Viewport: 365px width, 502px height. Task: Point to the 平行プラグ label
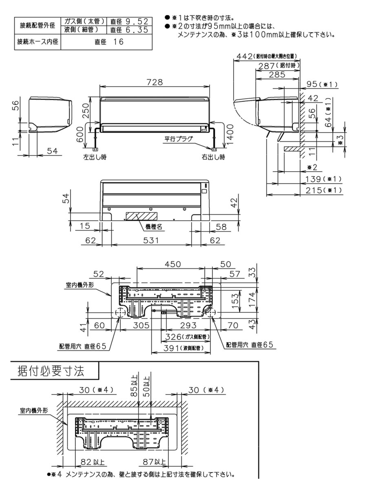179,138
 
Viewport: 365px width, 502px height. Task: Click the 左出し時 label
94,157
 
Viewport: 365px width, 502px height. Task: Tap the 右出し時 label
212,157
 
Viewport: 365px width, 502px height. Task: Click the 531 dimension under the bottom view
151,241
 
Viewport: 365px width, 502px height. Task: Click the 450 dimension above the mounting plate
172,264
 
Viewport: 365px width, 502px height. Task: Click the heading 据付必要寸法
51,371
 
